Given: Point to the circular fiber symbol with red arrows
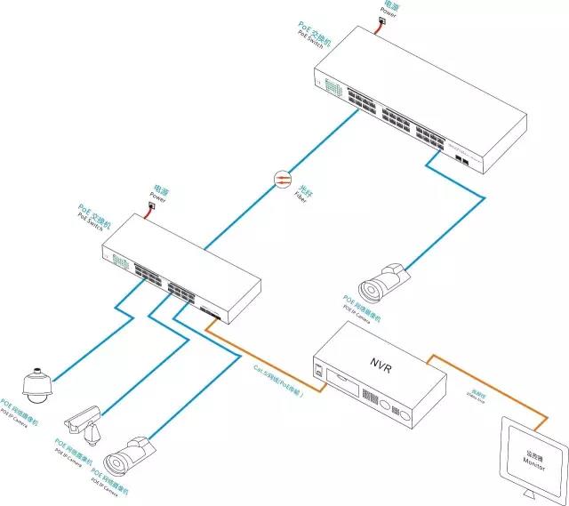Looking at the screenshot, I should [x=282, y=181].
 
